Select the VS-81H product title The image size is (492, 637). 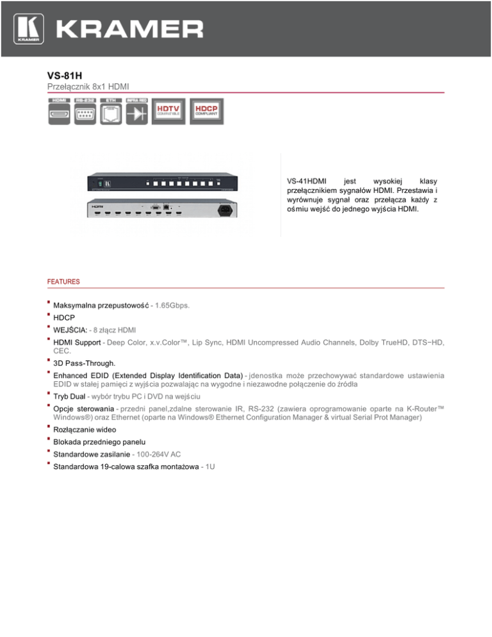coord(65,76)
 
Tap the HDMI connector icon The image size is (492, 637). coord(59,114)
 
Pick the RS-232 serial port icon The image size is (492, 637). coord(85,114)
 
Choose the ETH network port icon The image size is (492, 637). coord(111,114)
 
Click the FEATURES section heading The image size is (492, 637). coord(63,281)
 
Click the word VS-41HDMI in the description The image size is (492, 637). coord(307,181)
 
